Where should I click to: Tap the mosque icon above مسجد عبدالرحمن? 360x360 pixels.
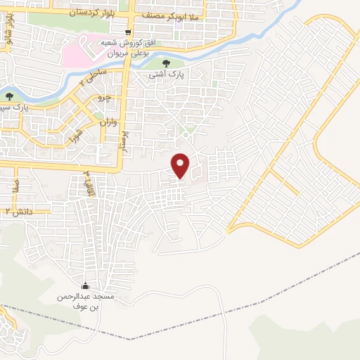(86, 286)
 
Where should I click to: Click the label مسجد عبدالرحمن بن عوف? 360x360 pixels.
(86, 302)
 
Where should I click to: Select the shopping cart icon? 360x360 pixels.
(127, 32)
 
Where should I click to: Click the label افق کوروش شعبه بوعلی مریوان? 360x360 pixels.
(127, 49)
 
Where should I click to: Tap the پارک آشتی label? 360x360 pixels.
(167, 74)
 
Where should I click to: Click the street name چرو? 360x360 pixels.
(103, 96)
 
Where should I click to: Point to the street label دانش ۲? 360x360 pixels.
(19, 211)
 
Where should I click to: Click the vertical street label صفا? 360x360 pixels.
(15, 185)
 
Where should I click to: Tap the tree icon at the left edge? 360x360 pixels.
(9, 96)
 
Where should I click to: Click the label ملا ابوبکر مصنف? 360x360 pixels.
(186, 13)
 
